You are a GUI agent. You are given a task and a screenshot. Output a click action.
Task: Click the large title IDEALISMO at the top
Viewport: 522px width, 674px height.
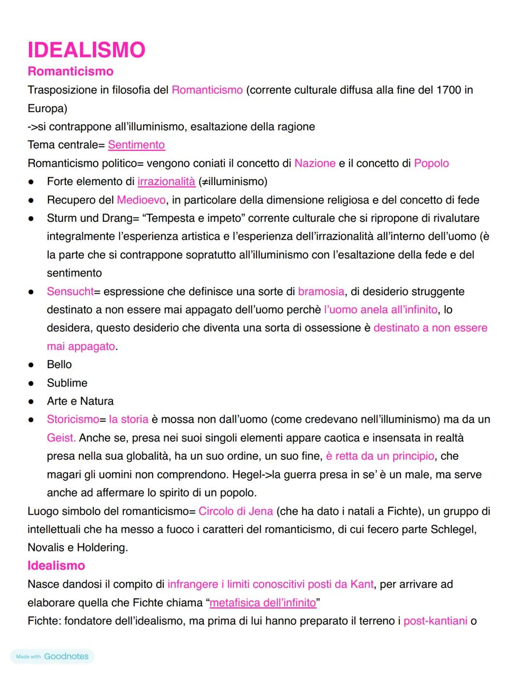coord(87,50)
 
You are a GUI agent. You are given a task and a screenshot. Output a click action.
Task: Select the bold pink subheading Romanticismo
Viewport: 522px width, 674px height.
coord(71,72)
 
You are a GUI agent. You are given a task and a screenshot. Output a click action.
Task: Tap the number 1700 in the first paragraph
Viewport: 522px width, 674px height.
coord(449,90)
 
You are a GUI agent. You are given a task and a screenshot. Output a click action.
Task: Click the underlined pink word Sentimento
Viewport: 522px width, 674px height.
coord(136,145)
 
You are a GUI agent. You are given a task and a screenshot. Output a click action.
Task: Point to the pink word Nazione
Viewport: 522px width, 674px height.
coord(315,163)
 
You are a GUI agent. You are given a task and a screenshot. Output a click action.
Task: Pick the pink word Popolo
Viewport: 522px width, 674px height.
coord(431,163)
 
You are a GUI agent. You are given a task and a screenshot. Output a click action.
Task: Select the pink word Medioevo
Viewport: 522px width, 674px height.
coord(141,200)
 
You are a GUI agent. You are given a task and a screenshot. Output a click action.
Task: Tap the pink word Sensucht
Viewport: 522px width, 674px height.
coord(70,291)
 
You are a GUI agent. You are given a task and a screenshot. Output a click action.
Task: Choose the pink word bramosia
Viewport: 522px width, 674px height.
coord(321,291)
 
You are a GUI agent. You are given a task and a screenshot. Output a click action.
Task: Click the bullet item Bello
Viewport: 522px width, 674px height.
coord(59,365)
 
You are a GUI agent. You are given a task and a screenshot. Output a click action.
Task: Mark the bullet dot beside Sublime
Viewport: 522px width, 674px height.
coord(31,384)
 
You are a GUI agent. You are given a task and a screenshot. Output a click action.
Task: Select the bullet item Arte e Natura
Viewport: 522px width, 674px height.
coord(80,402)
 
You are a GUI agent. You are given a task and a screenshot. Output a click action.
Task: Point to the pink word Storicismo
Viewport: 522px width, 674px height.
coord(73,419)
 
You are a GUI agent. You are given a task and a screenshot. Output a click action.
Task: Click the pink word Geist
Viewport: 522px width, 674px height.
coord(61,438)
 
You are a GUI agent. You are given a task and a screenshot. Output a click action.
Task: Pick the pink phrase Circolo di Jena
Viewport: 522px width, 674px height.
coord(235,511)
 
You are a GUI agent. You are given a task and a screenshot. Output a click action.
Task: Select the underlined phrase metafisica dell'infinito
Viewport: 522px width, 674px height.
coord(263,603)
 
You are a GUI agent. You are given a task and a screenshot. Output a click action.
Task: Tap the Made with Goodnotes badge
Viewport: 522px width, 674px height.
coord(52,657)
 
